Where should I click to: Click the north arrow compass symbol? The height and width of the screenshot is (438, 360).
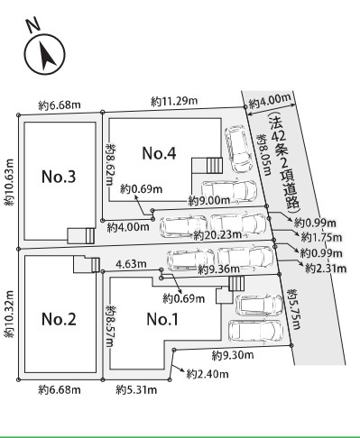coord(41,55)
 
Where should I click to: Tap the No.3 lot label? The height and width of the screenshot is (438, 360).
coord(59,176)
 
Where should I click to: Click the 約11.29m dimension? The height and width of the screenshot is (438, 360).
coord(173,101)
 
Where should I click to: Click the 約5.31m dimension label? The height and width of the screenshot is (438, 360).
coord(137,390)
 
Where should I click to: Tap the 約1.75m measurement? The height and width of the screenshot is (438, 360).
coord(319,238)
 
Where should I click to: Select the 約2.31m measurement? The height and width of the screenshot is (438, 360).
coord(323,268)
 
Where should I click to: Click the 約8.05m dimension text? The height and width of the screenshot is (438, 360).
coord(263,152)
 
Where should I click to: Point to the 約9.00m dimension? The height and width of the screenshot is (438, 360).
coord(210,200)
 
